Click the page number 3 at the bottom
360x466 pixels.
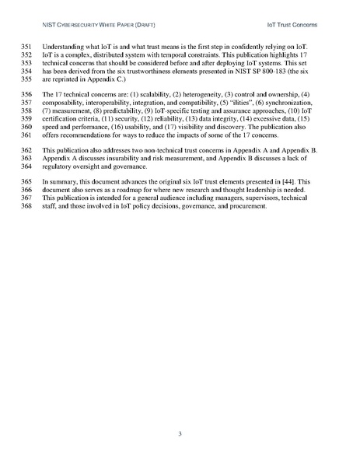click(x=180, y=433)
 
